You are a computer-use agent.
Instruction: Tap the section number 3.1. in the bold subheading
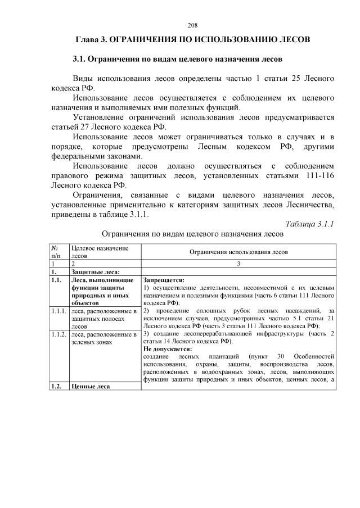pos(82,59)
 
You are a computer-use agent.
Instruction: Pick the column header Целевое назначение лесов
pos(98,252)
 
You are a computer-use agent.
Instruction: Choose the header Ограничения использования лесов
pos(238,252)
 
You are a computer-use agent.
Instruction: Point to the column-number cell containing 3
pos(238,263)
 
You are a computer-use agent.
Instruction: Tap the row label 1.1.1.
pos(58,311)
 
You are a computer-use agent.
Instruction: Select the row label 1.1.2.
pos(58,334)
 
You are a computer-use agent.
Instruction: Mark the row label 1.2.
pos(56,386)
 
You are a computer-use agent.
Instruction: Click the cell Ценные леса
pos(89,386)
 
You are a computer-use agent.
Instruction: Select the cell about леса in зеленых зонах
pos(103,338)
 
